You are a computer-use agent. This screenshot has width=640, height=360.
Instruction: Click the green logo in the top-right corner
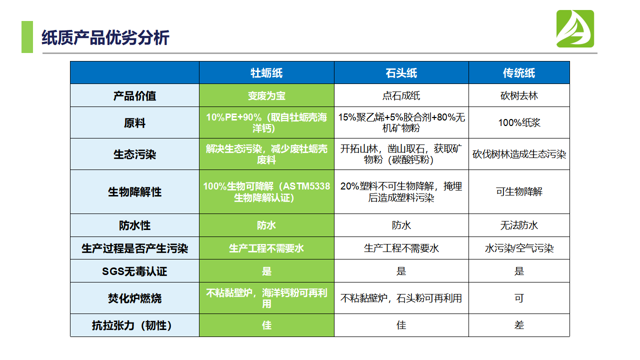[575, 29]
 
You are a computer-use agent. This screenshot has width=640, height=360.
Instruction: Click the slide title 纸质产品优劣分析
[105, 38]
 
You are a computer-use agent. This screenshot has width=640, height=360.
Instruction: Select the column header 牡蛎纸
[266, 73]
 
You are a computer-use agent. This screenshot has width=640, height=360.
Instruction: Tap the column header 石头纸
[401, 73]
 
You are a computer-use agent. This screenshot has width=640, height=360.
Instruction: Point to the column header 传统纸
[519, 73]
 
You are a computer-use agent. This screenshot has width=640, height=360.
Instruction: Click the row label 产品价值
[134, 96]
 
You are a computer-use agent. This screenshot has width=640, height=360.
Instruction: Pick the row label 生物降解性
[134, 192]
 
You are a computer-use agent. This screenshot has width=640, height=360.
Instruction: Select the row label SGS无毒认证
[134, 271]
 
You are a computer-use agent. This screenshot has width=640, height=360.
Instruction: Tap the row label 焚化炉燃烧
[134, 298]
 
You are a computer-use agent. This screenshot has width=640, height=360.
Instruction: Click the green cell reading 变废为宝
[266, 96]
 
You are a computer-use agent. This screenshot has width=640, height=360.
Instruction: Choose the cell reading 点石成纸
[401, 96]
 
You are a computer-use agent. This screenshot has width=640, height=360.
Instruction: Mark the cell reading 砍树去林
[519, 96]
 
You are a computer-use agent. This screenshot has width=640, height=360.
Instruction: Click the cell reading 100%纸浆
[519, 123]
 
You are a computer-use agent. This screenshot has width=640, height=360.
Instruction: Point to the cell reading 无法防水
[519, 225]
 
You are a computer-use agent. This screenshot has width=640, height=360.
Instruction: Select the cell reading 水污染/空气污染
[519, 248]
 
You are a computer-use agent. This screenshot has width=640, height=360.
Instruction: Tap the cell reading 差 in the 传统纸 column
[519, 325]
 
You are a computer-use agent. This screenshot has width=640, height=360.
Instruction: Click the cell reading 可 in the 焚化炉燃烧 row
[519, 298]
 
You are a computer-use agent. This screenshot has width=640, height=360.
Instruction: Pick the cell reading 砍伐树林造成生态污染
[519, 154]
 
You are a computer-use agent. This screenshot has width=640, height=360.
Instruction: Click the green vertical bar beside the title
[27, 37]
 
